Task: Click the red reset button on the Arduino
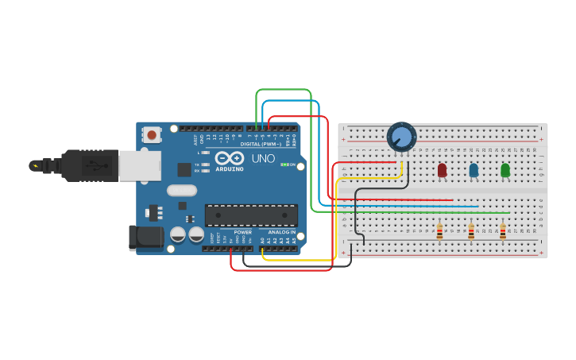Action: point(152,135)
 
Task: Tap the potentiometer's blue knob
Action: point(402,137)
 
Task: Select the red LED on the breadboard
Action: point(442,170)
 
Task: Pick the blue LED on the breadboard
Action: point(474,170)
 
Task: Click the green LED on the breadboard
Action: point(505,170)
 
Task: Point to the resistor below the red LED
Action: point(439,232)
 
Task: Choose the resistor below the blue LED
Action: point(471,232)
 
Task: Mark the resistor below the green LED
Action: point(503,232)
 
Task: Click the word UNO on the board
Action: point(263,158)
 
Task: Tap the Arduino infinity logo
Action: point(229,157)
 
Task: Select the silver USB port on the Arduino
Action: point(139,165)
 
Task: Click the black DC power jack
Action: point(145,238)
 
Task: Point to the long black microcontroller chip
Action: point(251,215)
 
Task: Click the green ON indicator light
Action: point(284,165)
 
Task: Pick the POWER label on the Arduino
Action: point(243,232)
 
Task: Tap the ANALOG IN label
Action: point(280,232)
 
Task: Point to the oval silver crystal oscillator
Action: point(181,190)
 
